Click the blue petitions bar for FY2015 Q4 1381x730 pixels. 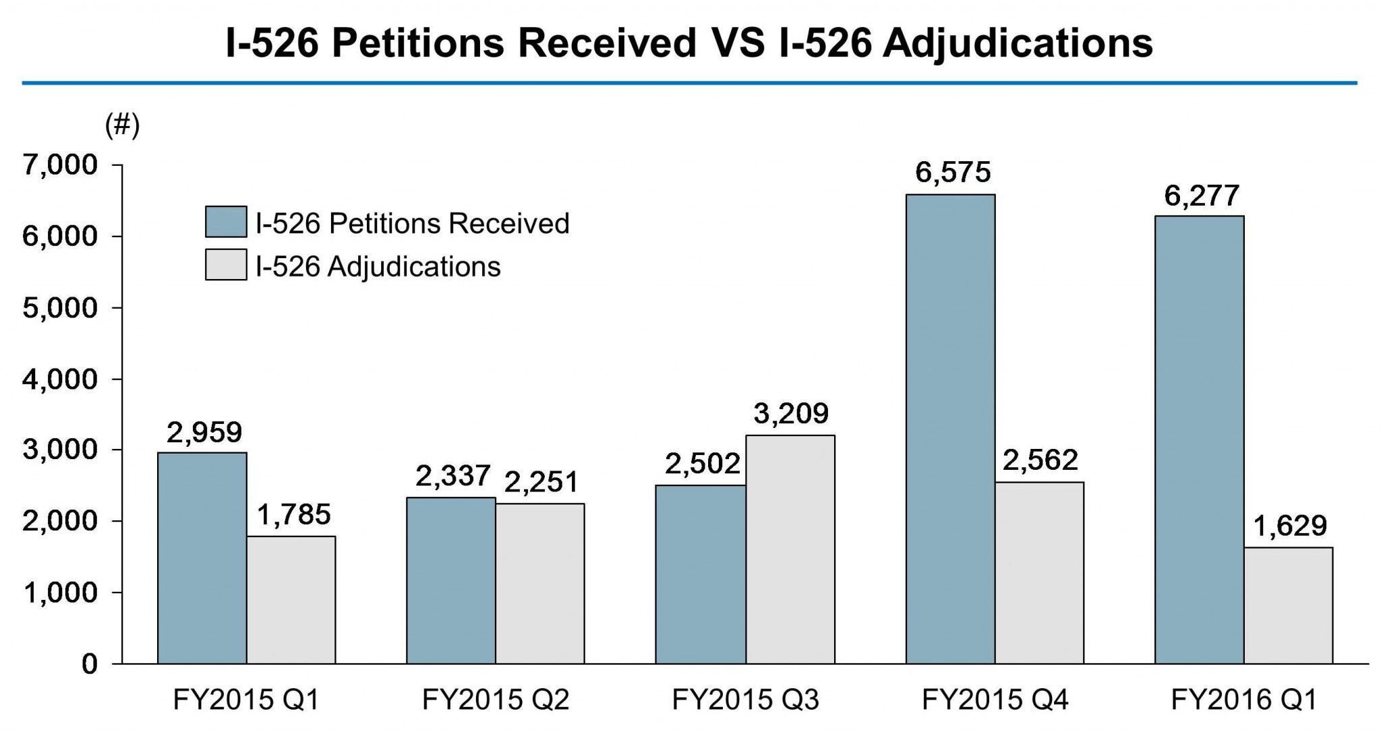pos(950,429)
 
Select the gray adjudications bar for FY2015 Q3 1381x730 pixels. pos(790,549)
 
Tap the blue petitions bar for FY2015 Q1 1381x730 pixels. pos(202,558)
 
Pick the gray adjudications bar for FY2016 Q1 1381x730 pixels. pos(1288,605)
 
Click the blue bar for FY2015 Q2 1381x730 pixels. pos(451,580)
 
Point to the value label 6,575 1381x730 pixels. pos(953,173)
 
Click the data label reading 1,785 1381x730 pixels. pos(293,515)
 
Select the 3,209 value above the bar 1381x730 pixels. pos(791,413)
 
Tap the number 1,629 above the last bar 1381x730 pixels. pos(1290,526)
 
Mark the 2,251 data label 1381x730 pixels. pos(541,483)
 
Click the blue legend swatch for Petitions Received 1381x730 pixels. pos(226,222)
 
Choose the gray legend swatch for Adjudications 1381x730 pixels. pos(226,265)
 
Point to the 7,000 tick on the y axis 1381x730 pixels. pos(60,165)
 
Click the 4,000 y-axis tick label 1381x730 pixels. pos(60,379)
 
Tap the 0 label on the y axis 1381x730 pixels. pos(90,665)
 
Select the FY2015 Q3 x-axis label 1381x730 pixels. pos(745,700)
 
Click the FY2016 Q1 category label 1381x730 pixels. pos(1244,700)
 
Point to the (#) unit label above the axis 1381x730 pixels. pos(122,125)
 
